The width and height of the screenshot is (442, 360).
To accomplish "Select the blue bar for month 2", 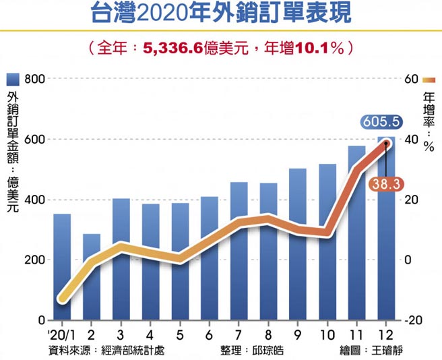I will click(92, 276).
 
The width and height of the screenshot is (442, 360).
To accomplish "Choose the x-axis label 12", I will click(386, 335).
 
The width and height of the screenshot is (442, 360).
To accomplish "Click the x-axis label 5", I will click(180, 335).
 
